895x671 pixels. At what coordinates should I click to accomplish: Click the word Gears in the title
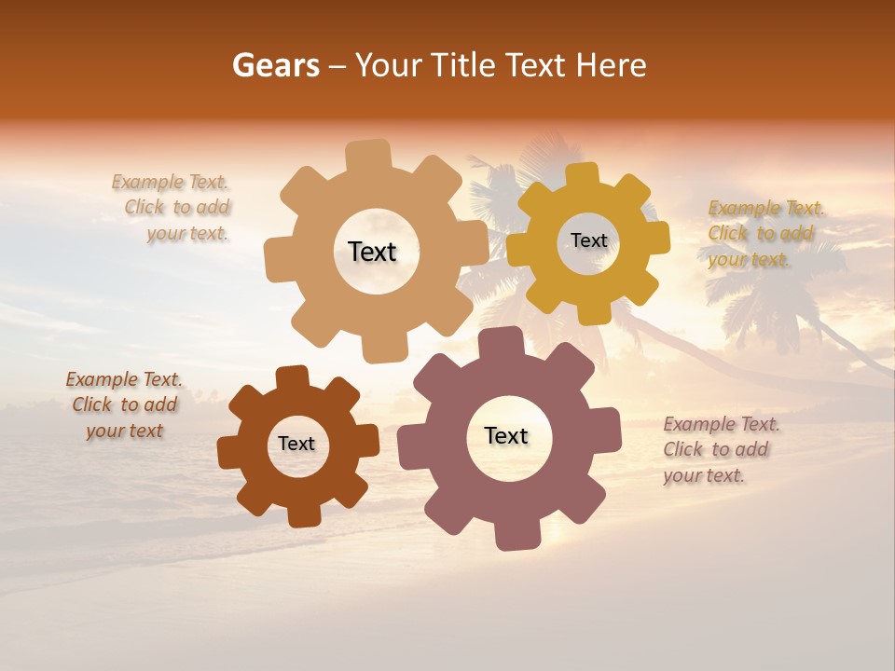click(x=275, y=65)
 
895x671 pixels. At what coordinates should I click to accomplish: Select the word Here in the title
click(x=612, y=65)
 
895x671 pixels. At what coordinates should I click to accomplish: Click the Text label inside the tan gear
click(x=372, y=252)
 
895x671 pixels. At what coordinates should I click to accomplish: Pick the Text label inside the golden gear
click(x=588, y=240)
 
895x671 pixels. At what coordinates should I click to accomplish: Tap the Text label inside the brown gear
click(x=296, y=444)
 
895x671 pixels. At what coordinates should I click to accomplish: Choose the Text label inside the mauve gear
click(x=506, y=435)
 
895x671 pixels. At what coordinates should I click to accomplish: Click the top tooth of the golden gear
click(x=583, y=175)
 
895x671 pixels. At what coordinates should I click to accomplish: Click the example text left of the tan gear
click(x=173, y=208)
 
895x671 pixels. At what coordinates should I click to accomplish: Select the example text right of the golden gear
click(x=763, y=233)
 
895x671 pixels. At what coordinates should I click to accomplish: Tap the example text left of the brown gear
click(x=125, y=404)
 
